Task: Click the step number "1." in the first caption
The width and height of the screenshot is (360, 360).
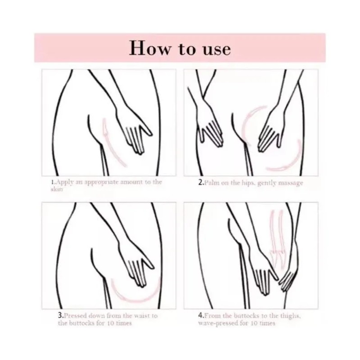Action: pos(53,183)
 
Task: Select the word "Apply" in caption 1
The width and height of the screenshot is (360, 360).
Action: pos(64,183)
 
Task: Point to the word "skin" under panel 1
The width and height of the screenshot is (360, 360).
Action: pos(56,189)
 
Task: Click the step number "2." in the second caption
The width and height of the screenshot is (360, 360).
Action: pos(201,183)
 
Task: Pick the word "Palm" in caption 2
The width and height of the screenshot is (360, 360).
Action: pos(211,183)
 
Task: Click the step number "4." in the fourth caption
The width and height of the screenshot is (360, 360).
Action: pos(201,316)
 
